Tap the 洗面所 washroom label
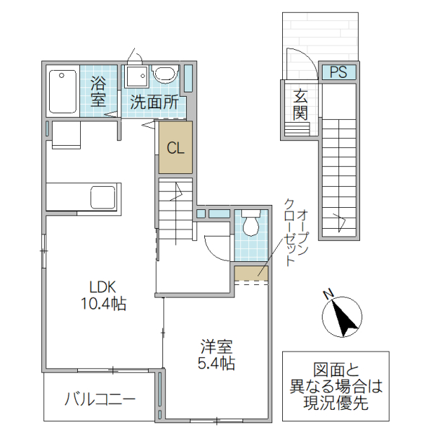coord(154,102)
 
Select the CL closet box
coord(175,149)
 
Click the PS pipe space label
coord(338,72)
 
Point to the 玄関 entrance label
coord(301,104)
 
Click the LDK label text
coord(103,285)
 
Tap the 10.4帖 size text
coord(103,304)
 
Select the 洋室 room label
coord(216,346)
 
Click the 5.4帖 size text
coord(216,364)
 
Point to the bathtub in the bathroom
coord(64,91)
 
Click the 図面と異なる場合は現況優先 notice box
coord(335,386)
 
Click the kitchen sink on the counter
coord(101,196)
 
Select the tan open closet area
coord(251,273)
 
